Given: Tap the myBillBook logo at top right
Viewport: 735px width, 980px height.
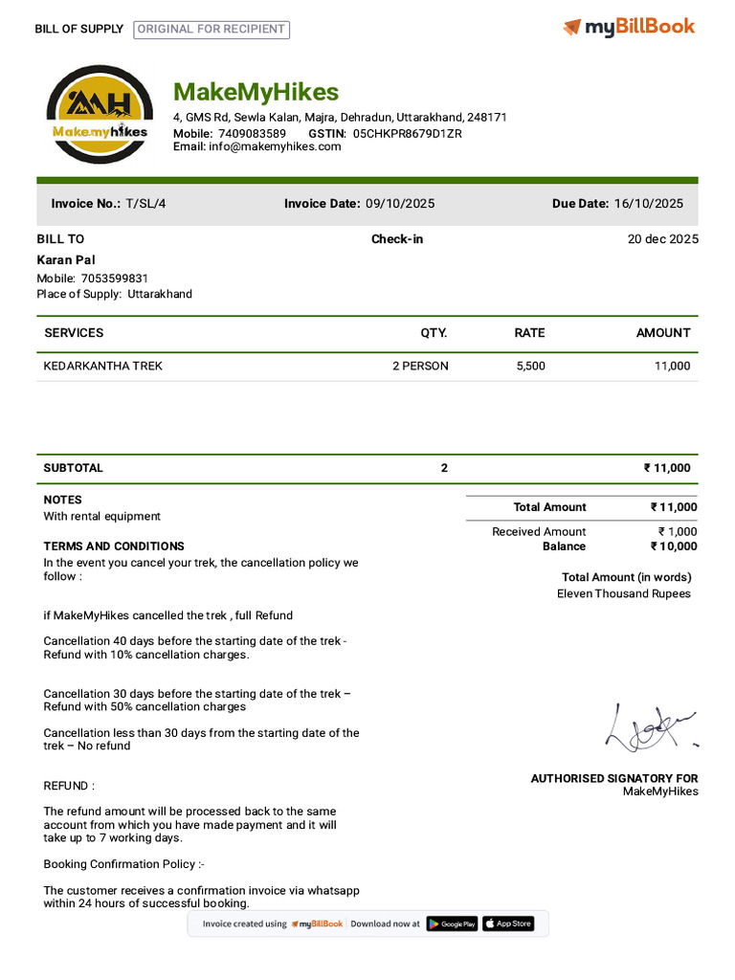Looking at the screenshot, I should point(629,27).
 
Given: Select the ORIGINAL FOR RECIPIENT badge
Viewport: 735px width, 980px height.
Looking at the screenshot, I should point(212,29).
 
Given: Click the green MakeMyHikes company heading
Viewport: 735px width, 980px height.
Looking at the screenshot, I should point(256,92).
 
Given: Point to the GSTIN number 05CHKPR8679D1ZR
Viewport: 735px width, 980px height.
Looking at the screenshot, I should point(408,133).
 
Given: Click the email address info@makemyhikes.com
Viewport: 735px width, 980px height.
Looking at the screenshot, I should point(275,146).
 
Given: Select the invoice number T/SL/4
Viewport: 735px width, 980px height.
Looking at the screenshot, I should point(145,203).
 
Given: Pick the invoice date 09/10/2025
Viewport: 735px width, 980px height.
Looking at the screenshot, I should point(400,203).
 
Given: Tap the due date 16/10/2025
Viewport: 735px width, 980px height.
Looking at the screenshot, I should point(649,203).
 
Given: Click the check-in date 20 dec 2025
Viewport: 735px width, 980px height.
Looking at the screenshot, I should point(662,239).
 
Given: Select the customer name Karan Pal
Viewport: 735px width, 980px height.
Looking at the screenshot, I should point(66,259).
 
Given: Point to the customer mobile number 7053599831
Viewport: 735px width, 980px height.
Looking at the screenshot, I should point(115,278).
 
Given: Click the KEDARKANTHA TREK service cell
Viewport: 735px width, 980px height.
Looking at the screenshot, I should point(103,366).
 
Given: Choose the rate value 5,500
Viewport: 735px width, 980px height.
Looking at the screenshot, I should point(530,366).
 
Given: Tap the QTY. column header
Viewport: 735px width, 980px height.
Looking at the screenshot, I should point(434,333).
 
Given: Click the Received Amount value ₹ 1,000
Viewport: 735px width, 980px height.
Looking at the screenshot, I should point(678,531).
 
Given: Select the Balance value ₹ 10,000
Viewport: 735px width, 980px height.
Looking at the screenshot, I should point(674,546).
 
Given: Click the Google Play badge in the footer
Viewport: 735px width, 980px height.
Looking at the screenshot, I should point(452,924).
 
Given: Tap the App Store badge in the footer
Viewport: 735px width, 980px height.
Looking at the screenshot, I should point(507,924).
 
